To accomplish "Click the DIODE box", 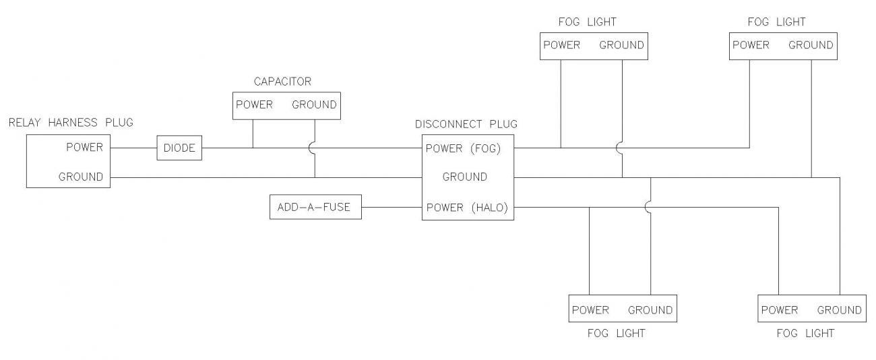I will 179,148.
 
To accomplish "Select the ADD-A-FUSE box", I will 314,207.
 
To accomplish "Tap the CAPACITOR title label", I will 282,82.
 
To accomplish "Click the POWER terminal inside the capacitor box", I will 254,105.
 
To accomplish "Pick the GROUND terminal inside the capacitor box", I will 314,105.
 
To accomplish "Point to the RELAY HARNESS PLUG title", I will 71,122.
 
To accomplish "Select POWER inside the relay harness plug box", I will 84,148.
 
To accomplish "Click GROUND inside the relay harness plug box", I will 81,177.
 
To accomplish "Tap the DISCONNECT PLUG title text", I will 466,124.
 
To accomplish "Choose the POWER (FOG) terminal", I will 464,148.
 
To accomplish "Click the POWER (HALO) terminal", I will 466,208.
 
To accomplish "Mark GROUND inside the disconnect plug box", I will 464,177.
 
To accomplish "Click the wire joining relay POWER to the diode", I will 133,148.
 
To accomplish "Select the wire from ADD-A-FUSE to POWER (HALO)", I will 392,207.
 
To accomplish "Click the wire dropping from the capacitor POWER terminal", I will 253,133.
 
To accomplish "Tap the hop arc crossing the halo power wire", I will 649,208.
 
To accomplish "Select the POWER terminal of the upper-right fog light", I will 751,45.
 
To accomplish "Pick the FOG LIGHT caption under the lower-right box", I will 805,333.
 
